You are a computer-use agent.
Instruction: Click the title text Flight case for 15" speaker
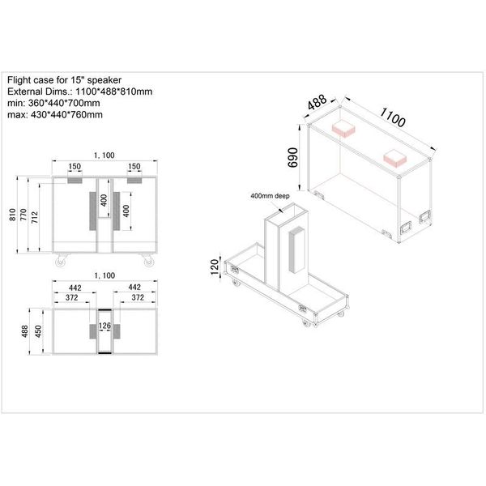point(64,80)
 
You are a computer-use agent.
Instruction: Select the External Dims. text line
point(79,92)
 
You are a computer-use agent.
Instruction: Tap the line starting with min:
point(53,103)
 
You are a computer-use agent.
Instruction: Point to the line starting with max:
point(55,115)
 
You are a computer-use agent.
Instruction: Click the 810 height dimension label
point(12,215)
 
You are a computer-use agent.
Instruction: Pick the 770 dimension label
point(23,215)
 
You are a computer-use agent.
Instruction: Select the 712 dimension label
point(35,217)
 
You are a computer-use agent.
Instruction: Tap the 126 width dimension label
point(104,326)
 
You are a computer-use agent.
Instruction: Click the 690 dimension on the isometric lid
point(293,157)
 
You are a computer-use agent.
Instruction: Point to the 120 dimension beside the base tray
point(215,267)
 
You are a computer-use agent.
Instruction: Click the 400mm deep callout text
point(270,196)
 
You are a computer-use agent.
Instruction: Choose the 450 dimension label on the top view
point(38,331)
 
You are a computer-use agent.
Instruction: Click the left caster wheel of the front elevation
point(61,261)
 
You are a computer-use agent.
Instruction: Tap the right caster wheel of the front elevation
point(148,261)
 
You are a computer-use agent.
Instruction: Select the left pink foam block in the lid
point(343,128)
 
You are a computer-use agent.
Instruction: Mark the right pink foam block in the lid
point(395,159)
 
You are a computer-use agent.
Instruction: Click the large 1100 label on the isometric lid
point(393,117)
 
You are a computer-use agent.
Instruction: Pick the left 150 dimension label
point(75,167)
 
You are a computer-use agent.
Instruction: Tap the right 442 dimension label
point(134,288)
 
